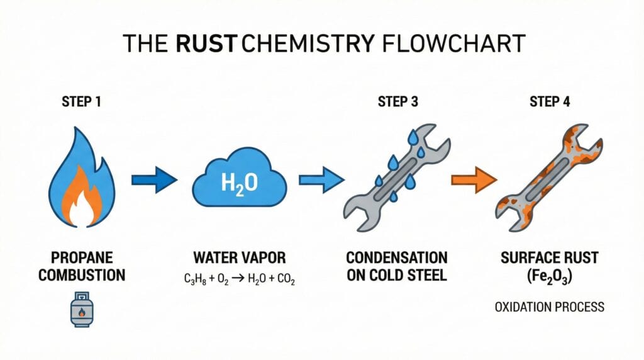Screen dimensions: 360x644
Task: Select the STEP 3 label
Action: (x=398, y=101)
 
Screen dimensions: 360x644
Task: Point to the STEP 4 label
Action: (x=550, y=101)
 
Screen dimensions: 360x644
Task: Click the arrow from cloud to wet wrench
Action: (x=321, y=181)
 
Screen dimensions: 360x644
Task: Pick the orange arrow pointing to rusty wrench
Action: (x=473, y=181)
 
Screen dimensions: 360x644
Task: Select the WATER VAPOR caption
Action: (x=240, y=258)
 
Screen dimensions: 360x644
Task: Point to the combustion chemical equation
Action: (x=240, y=279)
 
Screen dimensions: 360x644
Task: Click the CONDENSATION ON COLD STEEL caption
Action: (x=397, y=266)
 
